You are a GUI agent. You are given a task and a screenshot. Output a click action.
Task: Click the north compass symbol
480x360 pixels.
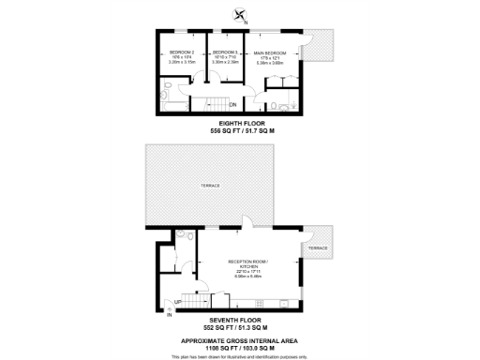click(240, 14)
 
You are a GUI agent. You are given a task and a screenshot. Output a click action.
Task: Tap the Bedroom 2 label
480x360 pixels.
click(181, 52)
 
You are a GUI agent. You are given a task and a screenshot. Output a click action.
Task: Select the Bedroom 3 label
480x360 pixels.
click(225, 52)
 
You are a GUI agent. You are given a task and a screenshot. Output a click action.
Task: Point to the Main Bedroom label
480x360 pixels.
click(270, 52)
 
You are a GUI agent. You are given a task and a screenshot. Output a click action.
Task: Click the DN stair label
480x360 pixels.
click(232, 104)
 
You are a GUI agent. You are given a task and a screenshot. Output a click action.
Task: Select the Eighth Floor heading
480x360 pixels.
click(240, 123)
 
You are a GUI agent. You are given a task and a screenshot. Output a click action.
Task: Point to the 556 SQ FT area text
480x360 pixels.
click(240, 131)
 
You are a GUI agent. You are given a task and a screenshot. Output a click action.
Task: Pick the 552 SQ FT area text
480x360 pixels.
click(240, 329)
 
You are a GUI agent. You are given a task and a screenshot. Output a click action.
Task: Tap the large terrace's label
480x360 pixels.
click(210, 186)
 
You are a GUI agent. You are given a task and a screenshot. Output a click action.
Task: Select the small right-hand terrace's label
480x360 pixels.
click(319, 247)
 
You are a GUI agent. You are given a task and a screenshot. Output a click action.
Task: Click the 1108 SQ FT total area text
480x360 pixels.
click(240, 345)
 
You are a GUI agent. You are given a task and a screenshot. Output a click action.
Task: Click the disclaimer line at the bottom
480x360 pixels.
click(240, 355)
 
